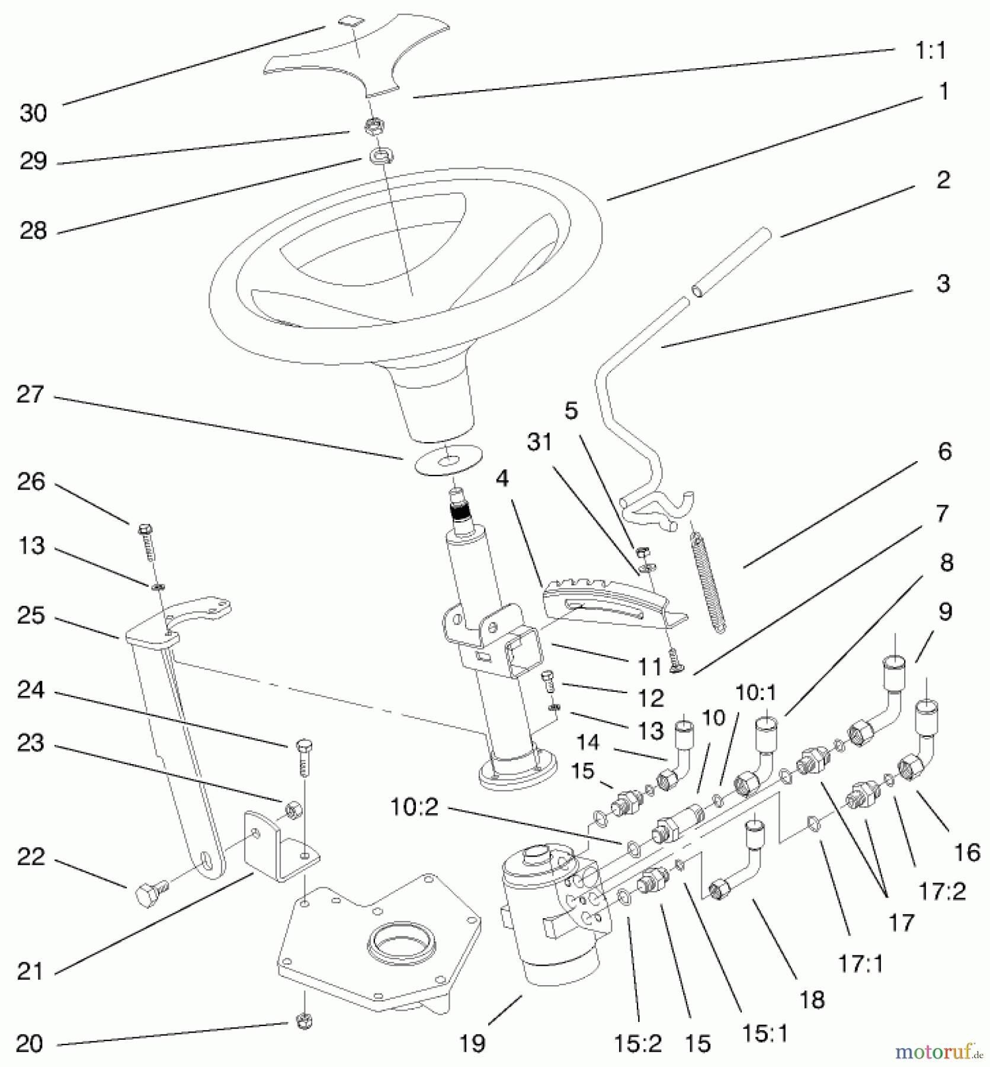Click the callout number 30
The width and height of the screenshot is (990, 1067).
pyautogui.click(x=33, y=113)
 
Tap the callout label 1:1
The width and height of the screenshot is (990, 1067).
pyautogui.click(x=930, y=51)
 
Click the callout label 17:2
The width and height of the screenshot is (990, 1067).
pyautogui.click(x=941, y=891)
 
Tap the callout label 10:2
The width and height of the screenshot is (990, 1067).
pyautogui.click(x=414, y=807)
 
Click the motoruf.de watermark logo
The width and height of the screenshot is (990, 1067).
pyautogui.click(x=938, y=1052)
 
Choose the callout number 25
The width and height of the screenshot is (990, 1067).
pyautogui.click(x=31, y=616)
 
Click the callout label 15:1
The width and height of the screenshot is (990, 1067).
pyautogui.click(x=765, y=1033)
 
